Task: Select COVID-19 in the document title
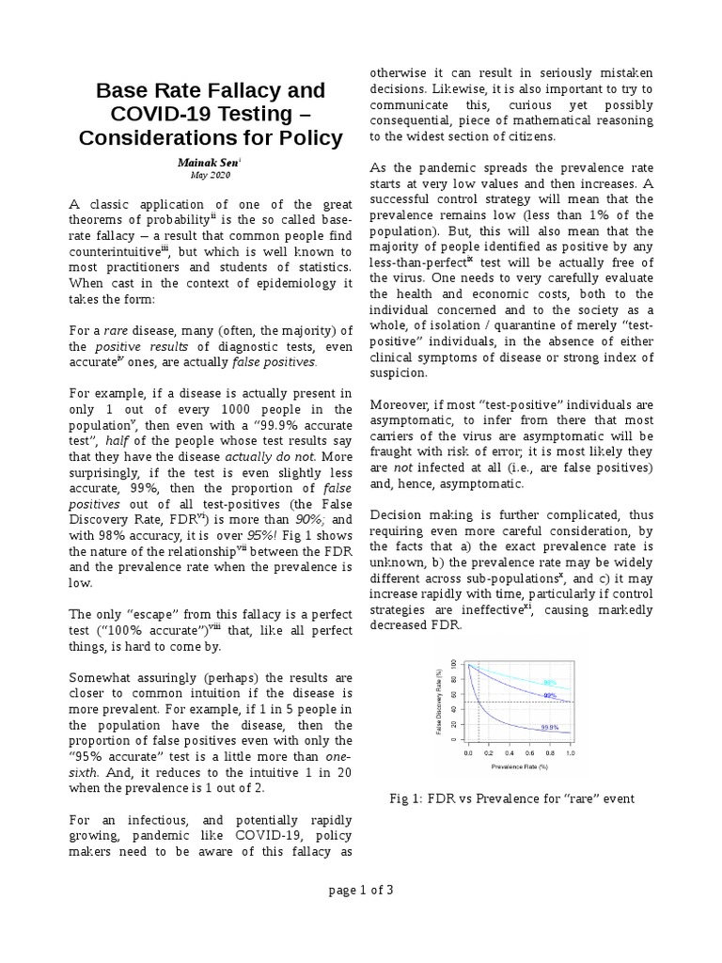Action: pos(164,115)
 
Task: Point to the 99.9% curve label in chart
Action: pos(550,728)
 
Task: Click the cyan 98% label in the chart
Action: pos(549,682)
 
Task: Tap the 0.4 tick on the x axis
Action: pos(510,753)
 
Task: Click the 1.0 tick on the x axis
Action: pos(570,753)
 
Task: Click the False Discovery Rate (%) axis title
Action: pos(439,702)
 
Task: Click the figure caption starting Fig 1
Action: pos(512,798)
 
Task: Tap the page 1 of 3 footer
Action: pos(360,892)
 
